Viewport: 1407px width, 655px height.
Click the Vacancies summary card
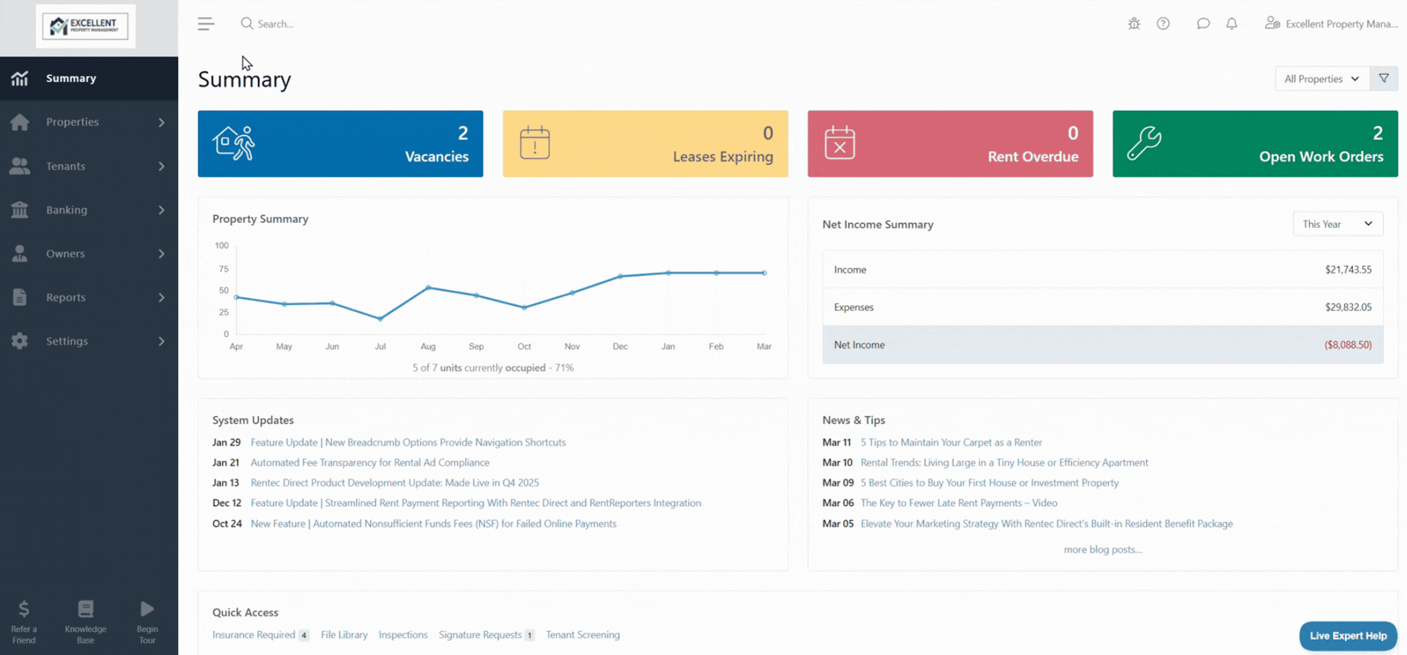pyautogui.click(x=340, y=144)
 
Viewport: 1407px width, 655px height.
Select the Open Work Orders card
pyautogui.click(x=1254, y=144)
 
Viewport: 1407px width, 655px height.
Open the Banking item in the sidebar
pyautogui.click(x=67, y=210)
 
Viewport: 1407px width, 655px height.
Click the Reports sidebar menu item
pyautogui.click(x=66, y=298)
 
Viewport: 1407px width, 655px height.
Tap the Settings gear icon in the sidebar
pyautogui.click(x=20, y=341)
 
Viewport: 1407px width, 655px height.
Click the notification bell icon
pyautogui.click(x=1231, y=24)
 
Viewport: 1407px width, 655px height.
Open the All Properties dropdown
pyautogui.click(x=1322, y=79)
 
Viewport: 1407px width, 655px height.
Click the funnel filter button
pyautogui.click(x=1384, y=79)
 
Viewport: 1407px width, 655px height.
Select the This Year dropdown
pyautogui.click(x=1337, y=224)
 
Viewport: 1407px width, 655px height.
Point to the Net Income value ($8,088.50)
pyautogui.click(x=1347, y=345)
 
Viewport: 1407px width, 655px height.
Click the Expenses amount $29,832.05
pyautogui.click(x=1348, y=307)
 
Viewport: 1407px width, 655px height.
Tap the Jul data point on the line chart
pyautogui.click(x=381, y=319)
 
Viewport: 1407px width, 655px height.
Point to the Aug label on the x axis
pyautogui.click(x=428, y=347)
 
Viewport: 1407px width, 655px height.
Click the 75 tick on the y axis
pyautogui.click(x=224, y=269)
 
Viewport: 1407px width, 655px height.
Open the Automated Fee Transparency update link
pyautogui.click(x=370, y=463)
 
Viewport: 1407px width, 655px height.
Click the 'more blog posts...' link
pyautogui.click(x=1103, y=550)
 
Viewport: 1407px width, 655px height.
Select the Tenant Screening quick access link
pyautogui.click(x=582, y=635)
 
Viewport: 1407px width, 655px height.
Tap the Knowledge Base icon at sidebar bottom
pyautogui.click(x=86, y=609)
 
